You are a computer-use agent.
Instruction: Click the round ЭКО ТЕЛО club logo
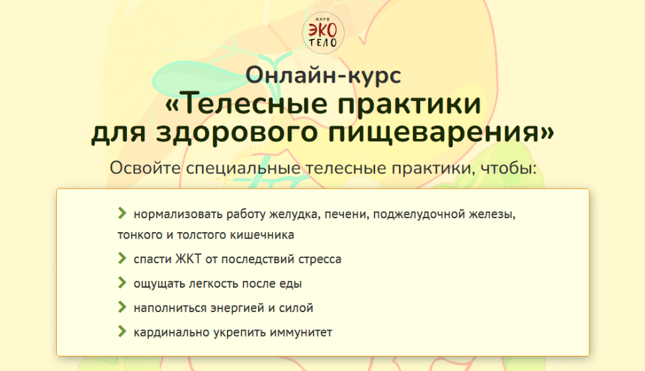(323, 33)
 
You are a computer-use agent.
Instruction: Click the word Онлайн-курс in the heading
(323, 75)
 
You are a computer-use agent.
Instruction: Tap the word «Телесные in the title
(246, 104)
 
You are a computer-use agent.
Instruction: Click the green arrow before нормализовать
(122, 213)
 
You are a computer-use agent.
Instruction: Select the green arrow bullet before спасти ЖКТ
(122, 258)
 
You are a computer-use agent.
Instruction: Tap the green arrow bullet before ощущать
(122, 282)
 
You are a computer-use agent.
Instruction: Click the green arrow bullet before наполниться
(122, 306)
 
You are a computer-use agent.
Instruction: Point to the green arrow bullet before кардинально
(122, 331)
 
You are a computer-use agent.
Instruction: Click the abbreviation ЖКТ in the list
(189, 259)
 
